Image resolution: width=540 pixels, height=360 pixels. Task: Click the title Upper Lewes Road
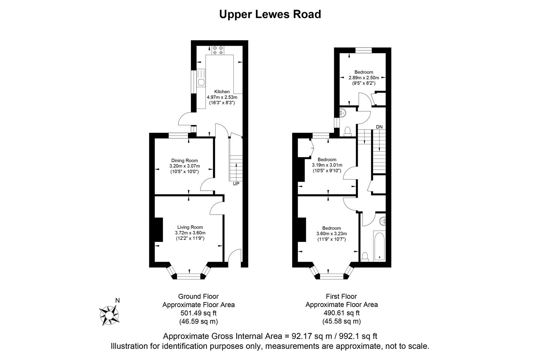click(270, 14)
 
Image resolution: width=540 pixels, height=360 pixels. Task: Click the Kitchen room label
click(222, 92)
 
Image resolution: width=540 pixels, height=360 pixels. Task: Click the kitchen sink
click(201, 82)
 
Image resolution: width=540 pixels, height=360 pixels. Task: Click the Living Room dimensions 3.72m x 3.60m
click(190, 233)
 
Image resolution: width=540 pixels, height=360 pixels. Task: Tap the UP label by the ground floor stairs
click(236, 184)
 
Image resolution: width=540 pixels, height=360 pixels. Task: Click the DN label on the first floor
click(379, 127)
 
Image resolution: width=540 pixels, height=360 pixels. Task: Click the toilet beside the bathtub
click(365, 257)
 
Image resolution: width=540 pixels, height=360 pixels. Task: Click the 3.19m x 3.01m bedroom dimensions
click(327, 165)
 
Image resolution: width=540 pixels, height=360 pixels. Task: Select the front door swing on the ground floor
click(235, 259)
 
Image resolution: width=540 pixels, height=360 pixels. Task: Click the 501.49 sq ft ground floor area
click(198, 313)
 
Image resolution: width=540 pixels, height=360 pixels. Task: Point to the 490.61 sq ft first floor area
click(342, 313)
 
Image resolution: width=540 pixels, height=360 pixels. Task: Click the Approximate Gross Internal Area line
click(270, 336)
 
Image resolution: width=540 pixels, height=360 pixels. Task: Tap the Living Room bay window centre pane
click(189, 276)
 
